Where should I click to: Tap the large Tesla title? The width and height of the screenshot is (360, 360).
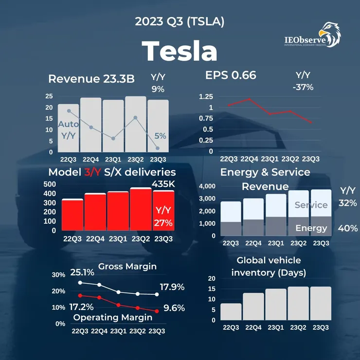[180, 51]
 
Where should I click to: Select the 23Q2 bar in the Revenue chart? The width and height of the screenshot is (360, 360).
[135, 124]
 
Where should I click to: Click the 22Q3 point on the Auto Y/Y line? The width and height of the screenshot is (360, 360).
[69, 111]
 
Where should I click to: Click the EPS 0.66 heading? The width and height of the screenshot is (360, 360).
[231, 75]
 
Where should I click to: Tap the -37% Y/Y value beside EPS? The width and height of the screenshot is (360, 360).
[304, 88]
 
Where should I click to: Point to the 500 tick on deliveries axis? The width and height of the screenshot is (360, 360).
[51, 184]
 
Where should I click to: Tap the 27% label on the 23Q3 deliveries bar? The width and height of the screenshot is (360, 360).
[163, 223]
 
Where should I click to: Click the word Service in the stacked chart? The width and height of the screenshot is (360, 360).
[311, 205]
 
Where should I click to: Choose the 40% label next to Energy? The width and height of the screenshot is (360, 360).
[347, 228]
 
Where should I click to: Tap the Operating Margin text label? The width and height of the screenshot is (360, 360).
[112, 317]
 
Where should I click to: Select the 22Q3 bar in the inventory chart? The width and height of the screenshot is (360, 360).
[231, 311]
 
